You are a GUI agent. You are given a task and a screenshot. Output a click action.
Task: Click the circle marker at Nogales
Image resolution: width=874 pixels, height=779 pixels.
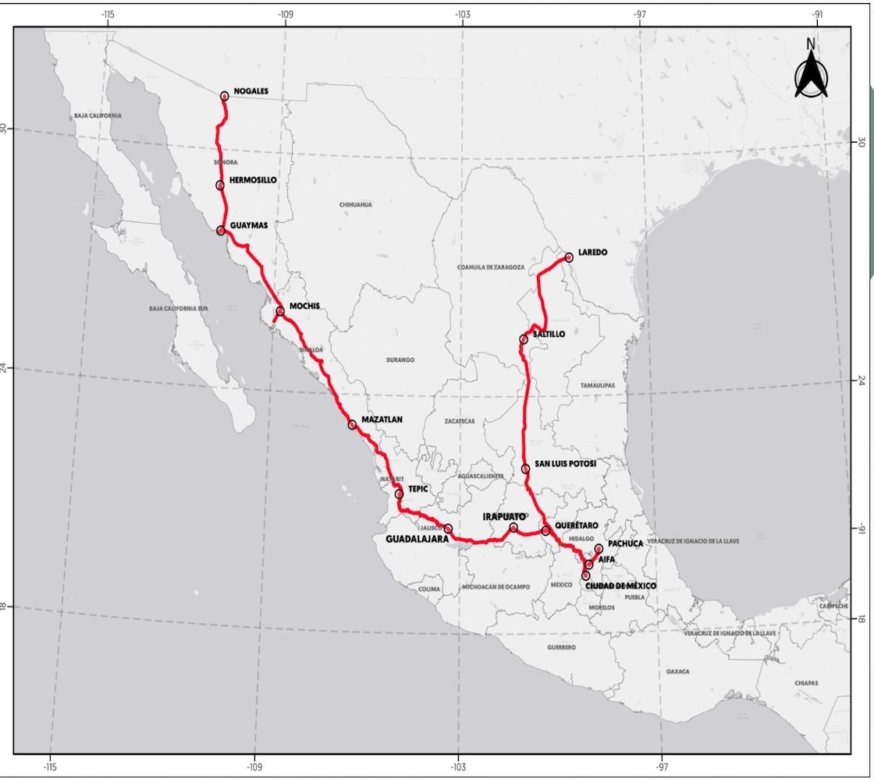(x=225, y=96)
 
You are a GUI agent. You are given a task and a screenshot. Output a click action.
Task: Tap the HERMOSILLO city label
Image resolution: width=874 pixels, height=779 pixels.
(x=254, y=180)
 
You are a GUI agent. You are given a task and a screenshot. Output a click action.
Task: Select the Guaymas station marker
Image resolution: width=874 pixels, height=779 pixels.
(x=221, y=230)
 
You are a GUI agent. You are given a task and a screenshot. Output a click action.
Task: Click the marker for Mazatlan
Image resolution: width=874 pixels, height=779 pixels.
(x=353, y=424)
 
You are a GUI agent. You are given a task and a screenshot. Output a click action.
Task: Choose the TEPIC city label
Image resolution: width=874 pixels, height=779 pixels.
(x=418, y=489)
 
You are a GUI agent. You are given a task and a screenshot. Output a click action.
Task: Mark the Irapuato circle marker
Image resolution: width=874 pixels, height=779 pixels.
(x=513, y=528)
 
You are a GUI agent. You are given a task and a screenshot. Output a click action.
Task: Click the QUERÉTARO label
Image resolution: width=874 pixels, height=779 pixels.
(x=577, y=526)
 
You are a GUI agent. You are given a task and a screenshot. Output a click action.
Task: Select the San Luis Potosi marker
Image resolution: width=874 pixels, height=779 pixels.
(x=526, y=469)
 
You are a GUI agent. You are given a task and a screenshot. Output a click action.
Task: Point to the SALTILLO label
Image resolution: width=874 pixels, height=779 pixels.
(x=549, y=334)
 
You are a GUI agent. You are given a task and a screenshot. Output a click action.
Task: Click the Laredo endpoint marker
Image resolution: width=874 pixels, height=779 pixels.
(x=569, y=257)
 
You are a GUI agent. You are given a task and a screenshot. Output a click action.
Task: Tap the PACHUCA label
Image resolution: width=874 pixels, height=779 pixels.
(x=625, y=543)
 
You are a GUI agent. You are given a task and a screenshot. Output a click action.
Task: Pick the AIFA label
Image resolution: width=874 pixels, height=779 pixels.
(x=607, y=558)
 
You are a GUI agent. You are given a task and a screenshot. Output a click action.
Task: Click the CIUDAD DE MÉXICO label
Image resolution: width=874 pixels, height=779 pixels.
(x=621, y=585)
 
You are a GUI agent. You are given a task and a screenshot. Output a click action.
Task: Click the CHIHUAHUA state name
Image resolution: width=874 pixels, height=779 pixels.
(x=356, y=205)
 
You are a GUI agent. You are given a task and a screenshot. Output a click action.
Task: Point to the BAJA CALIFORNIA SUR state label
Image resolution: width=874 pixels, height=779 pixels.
(x=179, y=309)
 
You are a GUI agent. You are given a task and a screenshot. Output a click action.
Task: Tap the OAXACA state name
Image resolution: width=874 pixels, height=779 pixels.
(x=678, y=671)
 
